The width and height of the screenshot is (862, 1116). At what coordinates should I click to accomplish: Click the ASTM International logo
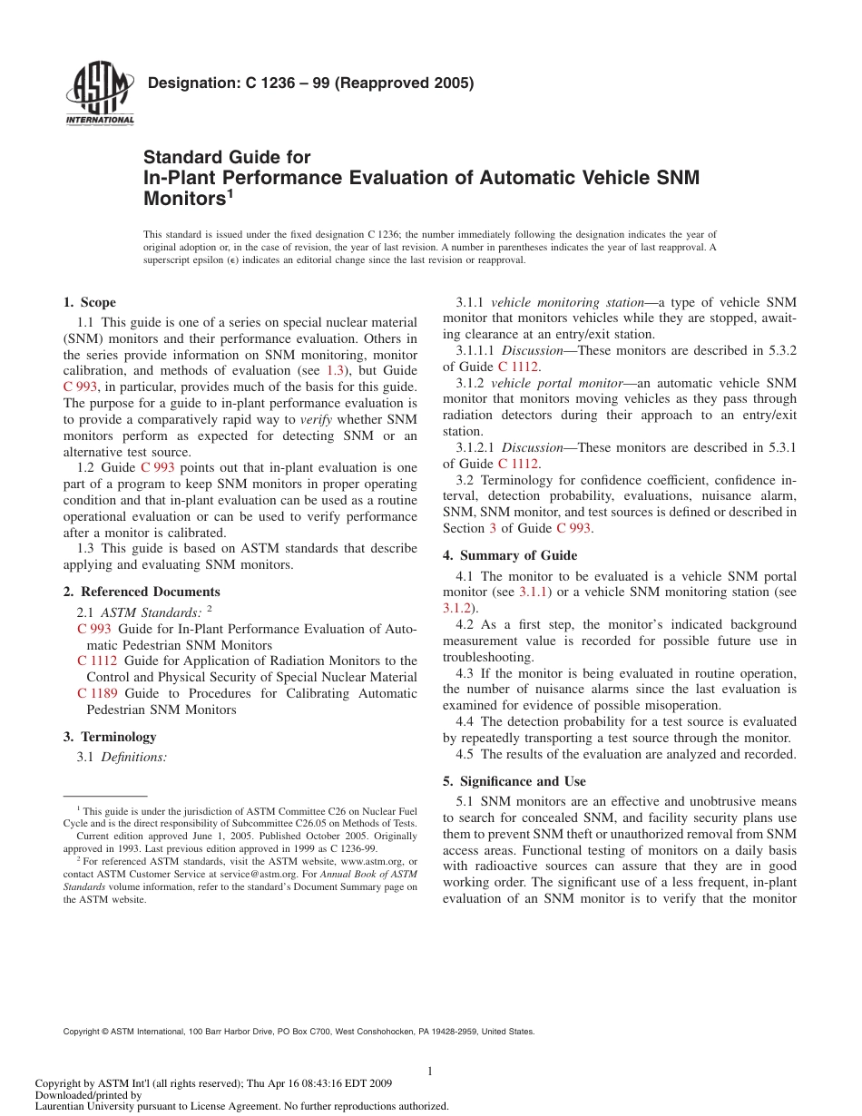pos(100,94)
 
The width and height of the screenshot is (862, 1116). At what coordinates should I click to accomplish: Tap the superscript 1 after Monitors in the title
pos(230,192)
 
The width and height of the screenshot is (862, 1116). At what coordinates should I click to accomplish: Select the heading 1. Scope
pos(90,302)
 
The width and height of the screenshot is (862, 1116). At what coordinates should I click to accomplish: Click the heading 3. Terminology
pos(110,737)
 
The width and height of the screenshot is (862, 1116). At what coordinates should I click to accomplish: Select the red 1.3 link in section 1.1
pos(335,370)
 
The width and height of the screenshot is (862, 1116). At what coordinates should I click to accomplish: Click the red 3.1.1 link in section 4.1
pos(534,592)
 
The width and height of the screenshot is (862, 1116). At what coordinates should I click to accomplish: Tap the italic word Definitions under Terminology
pos(133,756)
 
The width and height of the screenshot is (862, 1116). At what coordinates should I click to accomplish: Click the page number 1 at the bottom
pos(430,1072)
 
